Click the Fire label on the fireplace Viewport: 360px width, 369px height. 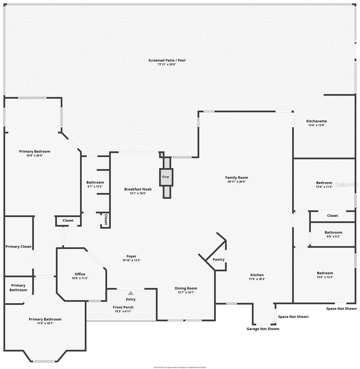point(166,177)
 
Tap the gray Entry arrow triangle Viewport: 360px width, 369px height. point(131,293)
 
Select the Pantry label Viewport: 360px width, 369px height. point(218,260)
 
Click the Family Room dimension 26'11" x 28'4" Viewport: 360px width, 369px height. point(236,181)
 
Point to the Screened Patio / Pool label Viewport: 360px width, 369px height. point(167,60)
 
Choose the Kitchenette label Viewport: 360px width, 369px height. point(316,121)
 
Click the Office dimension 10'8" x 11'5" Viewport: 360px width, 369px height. point(80,278)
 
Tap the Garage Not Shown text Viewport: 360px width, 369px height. point(263,329)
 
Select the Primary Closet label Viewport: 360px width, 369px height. point(18,247)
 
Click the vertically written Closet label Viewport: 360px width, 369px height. point(106,220)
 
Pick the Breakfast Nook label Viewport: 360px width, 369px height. point(138,189)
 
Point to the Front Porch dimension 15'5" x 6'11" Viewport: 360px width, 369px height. point(123,311)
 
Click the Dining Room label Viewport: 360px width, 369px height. point(186,288)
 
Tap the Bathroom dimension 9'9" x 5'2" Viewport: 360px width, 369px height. point(333,236)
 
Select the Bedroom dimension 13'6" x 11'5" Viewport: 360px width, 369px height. point(324,187)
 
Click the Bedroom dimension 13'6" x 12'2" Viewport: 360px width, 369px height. point(325,277)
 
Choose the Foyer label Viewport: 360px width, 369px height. point(131,256)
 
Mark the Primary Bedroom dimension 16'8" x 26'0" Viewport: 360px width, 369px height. point(34,156)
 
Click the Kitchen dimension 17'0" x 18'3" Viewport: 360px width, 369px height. point(257,279)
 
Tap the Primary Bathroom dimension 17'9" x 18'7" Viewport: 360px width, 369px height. point(45,323)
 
